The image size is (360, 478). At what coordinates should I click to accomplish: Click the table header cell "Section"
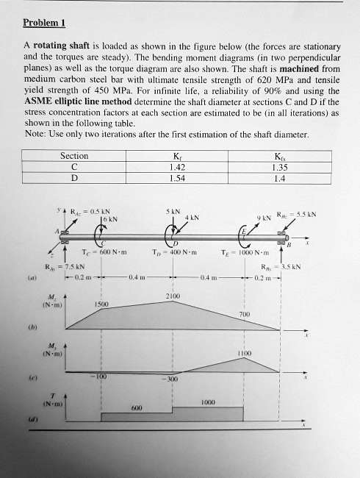[x=74, y=156]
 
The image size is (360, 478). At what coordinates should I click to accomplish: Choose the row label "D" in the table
[x=74, y=177]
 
